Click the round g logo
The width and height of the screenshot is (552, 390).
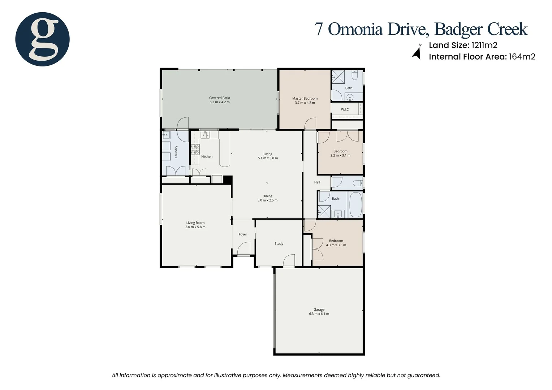[42, 39]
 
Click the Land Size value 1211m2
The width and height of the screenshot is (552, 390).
[484, 45]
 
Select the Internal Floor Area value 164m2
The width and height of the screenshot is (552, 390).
[522, 57]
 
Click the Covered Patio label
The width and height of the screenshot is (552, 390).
[219, 98]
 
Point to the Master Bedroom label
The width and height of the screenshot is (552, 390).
[305, 98]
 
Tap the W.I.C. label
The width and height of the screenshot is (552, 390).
[345, 109]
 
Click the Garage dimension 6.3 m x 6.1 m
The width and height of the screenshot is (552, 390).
[319, 314]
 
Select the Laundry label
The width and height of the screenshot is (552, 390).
[176, 152]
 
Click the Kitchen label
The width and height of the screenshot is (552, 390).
[207, 156]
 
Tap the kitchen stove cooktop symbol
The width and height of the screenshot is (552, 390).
[195, 149]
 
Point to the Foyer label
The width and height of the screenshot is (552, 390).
[243, 234]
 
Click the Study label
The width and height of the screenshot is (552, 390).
[279, 243]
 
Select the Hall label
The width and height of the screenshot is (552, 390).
[317, 182]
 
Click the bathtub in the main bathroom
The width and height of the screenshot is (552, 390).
[355, 205]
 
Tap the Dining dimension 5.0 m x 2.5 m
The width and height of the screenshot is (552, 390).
[267, 200]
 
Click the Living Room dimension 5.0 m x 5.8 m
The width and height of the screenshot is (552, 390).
[195, 227]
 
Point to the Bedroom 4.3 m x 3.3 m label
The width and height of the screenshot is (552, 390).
[336, 241]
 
